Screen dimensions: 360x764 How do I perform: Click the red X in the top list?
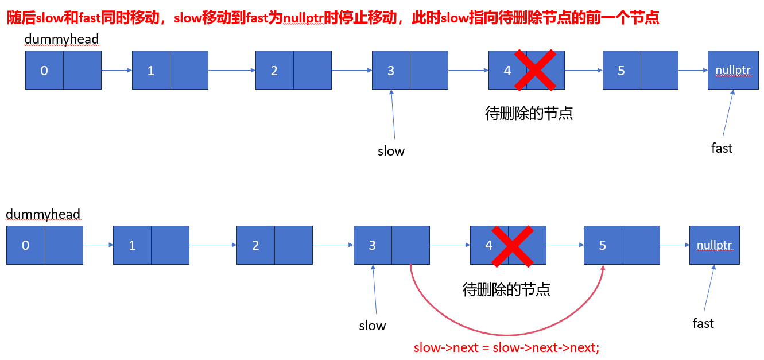535,70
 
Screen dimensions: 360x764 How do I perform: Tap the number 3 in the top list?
391,71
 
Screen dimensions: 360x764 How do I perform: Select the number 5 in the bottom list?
603,245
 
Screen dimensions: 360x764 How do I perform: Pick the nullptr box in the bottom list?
714,245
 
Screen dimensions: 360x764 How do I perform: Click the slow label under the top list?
391,151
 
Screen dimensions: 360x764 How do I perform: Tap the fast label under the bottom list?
703,323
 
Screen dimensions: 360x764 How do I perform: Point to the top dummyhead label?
61,39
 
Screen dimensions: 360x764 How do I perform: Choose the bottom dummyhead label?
43,214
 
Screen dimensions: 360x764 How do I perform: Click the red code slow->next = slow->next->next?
506,348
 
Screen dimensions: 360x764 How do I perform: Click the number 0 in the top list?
44,71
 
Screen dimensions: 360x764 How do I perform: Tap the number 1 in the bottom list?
132,245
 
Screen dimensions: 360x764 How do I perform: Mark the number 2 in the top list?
274,71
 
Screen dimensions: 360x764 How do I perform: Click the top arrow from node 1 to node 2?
231,71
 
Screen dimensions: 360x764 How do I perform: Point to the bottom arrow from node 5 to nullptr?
674,245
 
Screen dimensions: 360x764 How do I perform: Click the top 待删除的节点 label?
529,113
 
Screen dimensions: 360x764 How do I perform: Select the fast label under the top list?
722,148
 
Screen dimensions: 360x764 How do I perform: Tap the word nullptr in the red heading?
303,18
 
